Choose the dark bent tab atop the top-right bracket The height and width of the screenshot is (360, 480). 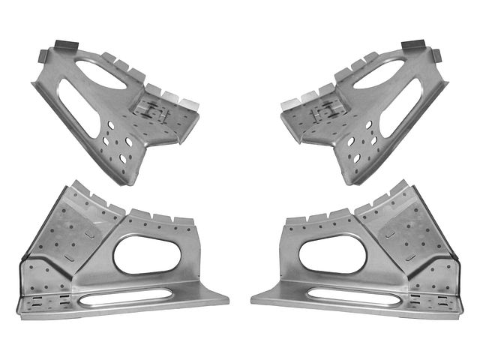415,46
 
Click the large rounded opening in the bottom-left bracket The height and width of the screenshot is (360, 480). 147,255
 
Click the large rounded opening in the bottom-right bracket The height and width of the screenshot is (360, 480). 332,255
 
